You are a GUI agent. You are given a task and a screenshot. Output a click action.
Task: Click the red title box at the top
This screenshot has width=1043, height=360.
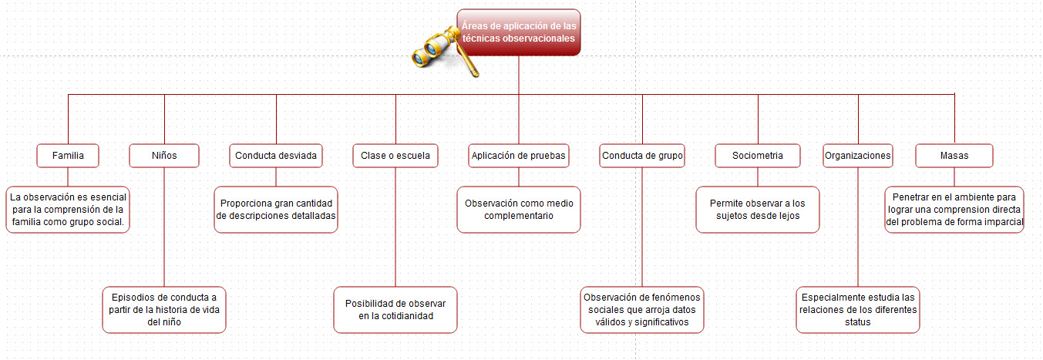click(x=519, y=32)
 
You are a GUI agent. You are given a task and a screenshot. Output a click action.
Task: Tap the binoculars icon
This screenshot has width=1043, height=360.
click(x=444, y=51)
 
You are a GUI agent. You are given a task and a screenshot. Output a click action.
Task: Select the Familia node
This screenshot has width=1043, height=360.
click(x=68, y=156)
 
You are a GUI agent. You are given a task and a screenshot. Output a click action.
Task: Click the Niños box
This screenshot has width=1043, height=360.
click(x=164, y=156)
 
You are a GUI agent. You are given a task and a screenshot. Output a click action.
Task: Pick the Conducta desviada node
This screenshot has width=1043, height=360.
click(x=276, y=156)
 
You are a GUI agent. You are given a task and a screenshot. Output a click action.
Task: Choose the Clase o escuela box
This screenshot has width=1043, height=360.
click(x=395, y=156)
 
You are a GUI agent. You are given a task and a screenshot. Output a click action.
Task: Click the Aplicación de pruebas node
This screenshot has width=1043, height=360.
click(x=519, y=156)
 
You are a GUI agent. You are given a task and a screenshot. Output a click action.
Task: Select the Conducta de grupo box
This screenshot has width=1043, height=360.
click(x=642, y=156)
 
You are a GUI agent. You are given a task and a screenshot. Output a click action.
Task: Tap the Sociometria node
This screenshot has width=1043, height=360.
click(x=758, y=156)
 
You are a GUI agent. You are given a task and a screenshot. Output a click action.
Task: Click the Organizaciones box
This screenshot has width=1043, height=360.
click(x=858, y=156)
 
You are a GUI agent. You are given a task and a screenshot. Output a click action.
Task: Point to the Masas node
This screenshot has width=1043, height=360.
click(x=954, y=156)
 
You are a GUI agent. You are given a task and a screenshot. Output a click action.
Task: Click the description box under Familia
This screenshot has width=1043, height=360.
click(x=68, y=210)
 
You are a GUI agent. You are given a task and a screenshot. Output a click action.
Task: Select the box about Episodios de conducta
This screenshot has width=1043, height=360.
click(x=164, y=310)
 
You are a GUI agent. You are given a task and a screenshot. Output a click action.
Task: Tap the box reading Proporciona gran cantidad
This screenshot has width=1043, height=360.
click(x=276, y=210)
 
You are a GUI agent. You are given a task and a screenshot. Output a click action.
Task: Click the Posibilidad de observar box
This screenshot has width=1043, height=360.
click(x=395, y=310)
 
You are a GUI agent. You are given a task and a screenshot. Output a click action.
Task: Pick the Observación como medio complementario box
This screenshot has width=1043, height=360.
click(x=519, y=210)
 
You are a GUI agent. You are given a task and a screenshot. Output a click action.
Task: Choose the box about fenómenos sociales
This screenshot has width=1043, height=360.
click(x=642, y=310)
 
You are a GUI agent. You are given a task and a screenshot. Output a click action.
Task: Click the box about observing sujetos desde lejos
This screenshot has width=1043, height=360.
click(x=758, y=210)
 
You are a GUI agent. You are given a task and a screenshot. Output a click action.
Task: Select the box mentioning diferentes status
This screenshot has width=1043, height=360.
click(x=858, y=310)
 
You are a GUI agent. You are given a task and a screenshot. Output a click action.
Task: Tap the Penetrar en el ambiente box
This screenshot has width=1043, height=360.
click(x=954, y=210)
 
